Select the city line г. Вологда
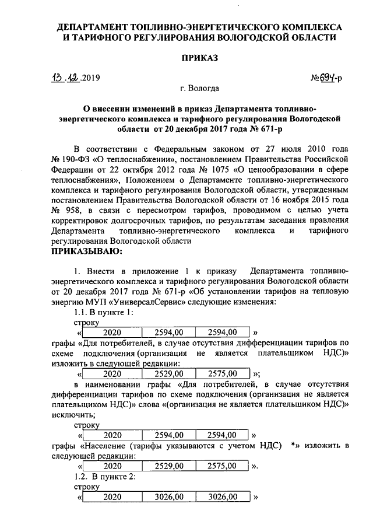pos(199,89)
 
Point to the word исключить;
pos(75,414)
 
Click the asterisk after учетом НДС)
pos(293,446)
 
